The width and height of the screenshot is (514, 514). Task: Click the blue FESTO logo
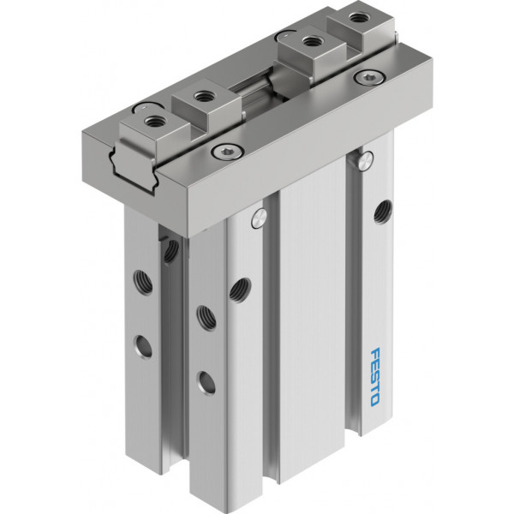(x=375, y=378)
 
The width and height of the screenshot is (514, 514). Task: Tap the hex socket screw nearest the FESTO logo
(x=370, y=77)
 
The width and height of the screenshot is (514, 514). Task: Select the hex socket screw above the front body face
(x=227, y=151)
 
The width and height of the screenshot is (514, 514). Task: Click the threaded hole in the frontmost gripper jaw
(x=152, y=122)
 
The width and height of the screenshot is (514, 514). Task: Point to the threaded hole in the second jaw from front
(x=201, y=96)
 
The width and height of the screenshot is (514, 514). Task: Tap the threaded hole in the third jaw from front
(x=310, y=41)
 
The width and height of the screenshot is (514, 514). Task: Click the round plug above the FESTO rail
(x=366, y=161)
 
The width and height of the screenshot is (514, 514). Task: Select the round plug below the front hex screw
(x=259, y=218)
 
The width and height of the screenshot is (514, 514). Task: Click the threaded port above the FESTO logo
(x=383, y=212)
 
